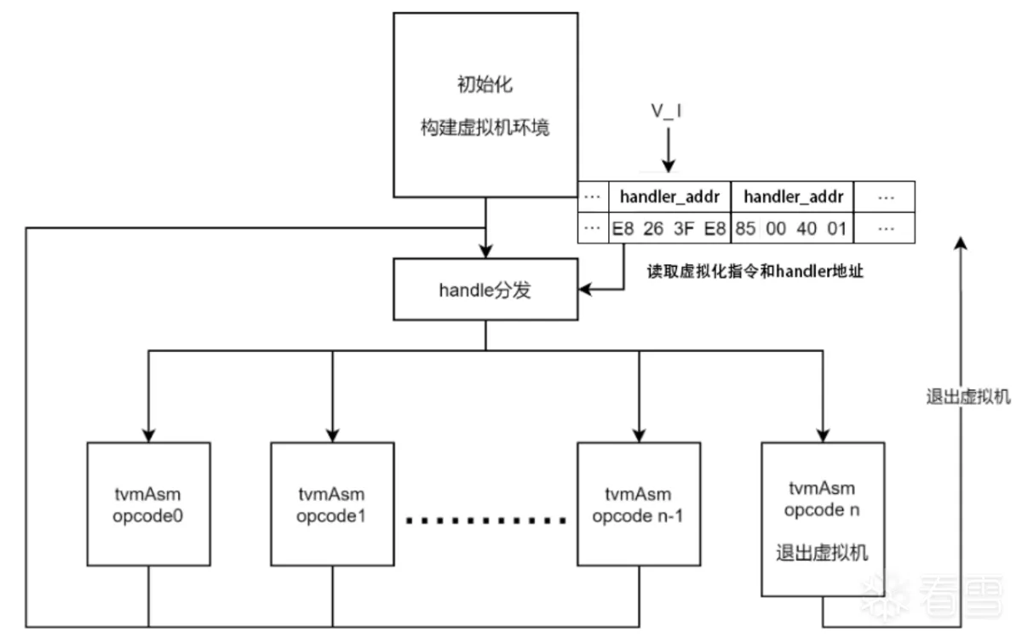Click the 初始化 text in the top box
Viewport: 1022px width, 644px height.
(485, 85)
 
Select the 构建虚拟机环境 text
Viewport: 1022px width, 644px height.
(485, 128)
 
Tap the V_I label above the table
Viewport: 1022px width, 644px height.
(667, 112)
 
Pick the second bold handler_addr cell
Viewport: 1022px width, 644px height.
(793, 197)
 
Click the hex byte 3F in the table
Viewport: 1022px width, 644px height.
(683, 228)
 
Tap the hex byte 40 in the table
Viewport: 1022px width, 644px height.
(807, 228)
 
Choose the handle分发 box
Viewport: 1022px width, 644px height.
(485, 290)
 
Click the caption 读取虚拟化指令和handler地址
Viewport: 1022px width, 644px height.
(750, 273)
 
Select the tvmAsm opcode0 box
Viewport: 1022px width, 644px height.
(149, 504)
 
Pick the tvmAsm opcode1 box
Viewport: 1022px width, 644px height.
(331, 504)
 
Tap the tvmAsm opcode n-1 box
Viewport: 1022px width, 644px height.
(637, 504)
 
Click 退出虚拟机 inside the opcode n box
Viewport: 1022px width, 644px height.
(823, 552)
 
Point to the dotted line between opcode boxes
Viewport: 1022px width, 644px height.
(485, 519)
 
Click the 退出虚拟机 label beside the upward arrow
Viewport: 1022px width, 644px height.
(968, 397)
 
